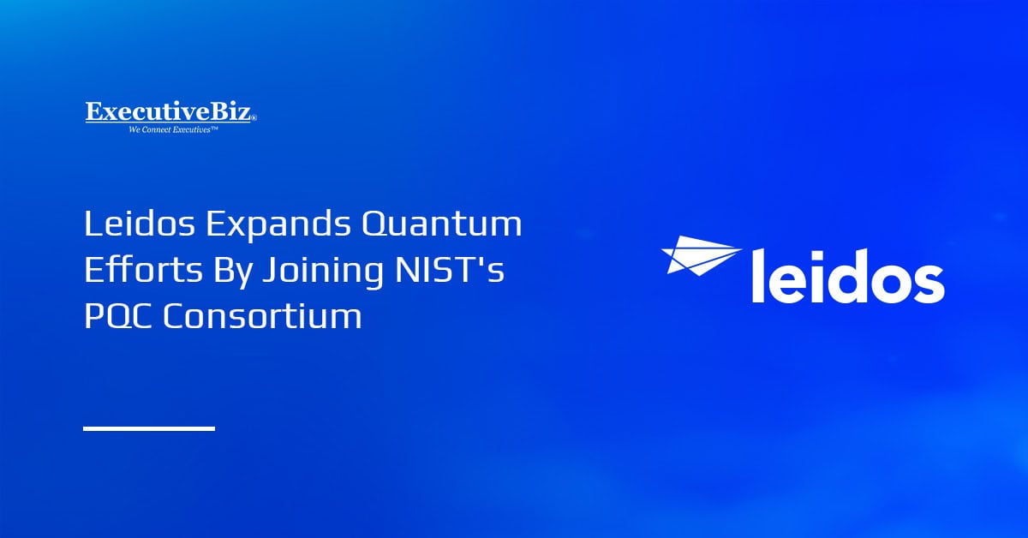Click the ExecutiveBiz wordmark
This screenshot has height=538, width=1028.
click(x=169, y=112)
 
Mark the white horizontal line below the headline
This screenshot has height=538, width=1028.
click(x=149, y=427)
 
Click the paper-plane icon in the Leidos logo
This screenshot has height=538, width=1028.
click(x=699, y=254)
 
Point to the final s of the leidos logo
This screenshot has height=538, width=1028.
click(x=928, y=282)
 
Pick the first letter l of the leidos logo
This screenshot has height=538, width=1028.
click(x=758, y=274)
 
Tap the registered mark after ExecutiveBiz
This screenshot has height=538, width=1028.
click(x=254, y=118)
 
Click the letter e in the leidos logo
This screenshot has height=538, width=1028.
click(x=788, y=282)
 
